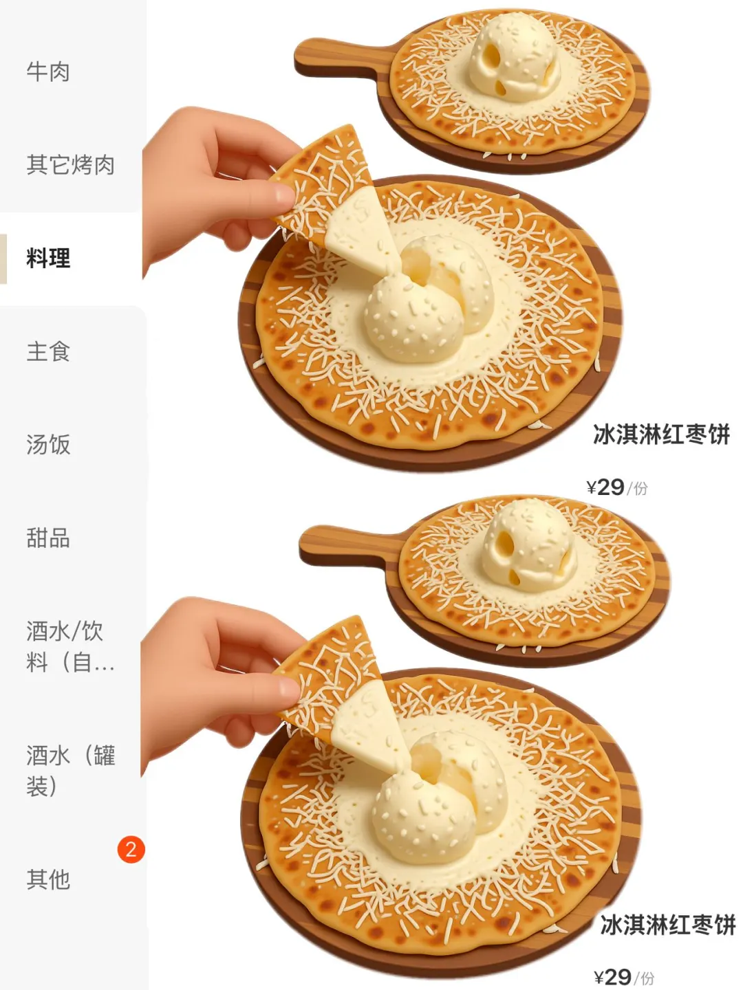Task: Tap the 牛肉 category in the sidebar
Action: (48, 71)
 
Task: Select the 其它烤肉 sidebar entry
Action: (70, 165)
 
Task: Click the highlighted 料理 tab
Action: (48, 258)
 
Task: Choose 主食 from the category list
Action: (48, 352)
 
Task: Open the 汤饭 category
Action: (48, 445)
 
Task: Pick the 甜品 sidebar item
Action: (48, 538)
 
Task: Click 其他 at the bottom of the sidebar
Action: (48, 879)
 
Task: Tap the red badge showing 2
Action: (131, 850)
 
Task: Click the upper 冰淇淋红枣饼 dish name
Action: (661, 434)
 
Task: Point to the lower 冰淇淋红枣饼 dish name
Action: (667, 925)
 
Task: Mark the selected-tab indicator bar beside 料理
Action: (3, 258)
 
